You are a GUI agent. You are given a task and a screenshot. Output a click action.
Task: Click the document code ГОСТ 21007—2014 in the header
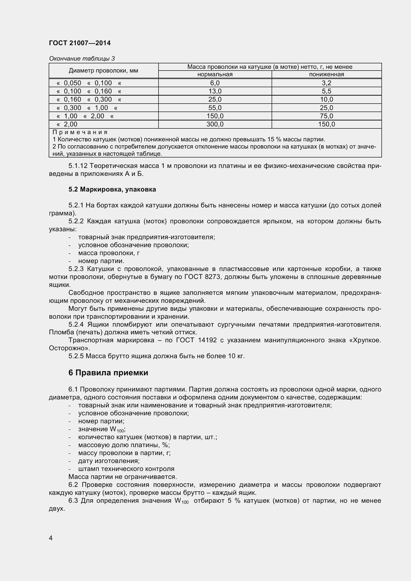(80, 43)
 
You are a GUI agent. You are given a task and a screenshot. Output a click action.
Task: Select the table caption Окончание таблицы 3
(82, 59)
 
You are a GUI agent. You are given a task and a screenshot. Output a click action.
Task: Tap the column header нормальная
(215, 75)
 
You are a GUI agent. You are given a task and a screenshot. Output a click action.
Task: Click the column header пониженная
(327, 75)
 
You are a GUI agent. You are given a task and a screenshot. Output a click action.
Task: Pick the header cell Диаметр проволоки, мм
(103, 71)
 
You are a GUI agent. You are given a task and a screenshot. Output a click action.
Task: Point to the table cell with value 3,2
(327, 83)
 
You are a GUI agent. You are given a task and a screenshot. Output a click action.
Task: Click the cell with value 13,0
(215, 91)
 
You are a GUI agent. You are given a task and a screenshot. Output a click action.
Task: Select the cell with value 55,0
(215, 108)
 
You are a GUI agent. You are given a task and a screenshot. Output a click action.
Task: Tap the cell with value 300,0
(215, 124)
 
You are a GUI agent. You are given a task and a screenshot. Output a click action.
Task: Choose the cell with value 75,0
(327, 116)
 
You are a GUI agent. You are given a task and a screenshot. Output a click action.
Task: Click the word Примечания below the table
(80, 132)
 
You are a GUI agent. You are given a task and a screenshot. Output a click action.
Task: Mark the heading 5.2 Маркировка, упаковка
(112, 189)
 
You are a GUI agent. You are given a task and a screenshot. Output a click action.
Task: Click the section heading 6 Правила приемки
(108, 373)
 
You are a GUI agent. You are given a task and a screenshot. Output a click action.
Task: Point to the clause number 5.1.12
(78, 166)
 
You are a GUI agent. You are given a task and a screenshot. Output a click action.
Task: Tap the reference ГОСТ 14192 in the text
(196, 340)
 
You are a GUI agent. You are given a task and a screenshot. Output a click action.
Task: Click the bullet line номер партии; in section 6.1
(101, 421)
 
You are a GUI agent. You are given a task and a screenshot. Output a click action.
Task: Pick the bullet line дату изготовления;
(109, 461)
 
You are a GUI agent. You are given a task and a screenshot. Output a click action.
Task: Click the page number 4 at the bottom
(51, 538)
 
